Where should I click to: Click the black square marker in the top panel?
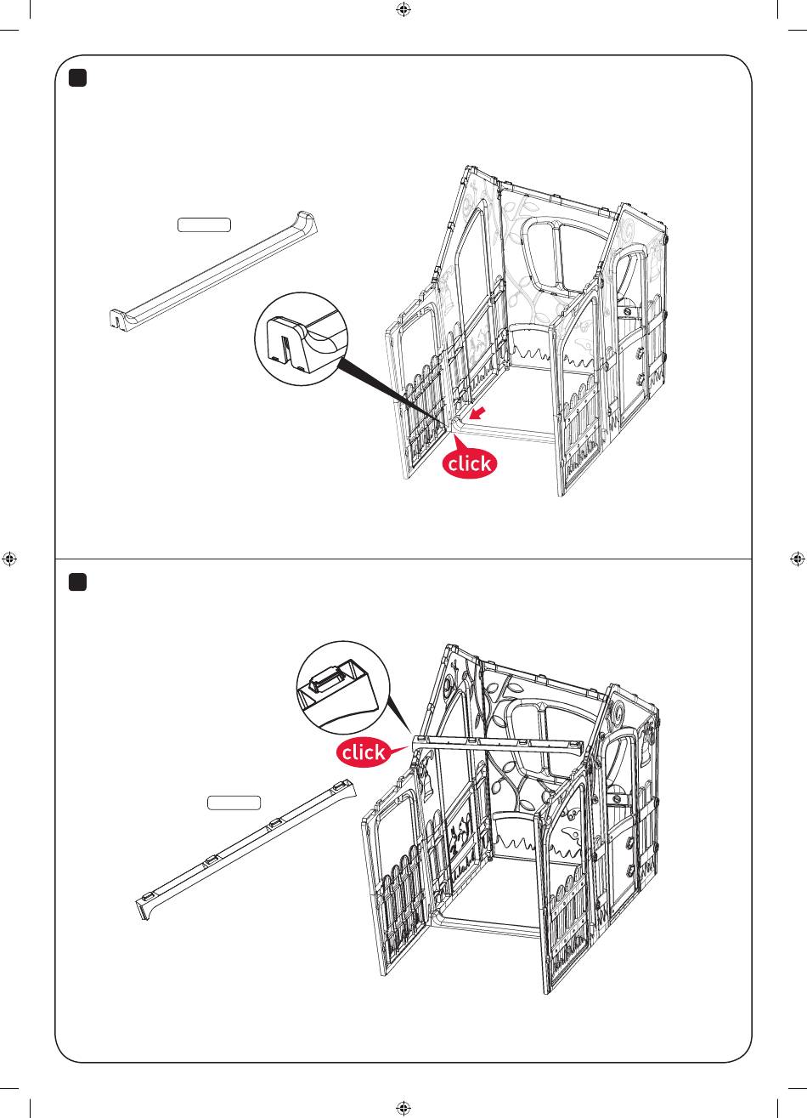coord(77,78)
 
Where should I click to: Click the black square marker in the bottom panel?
coord(77,582)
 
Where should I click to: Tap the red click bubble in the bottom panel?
coord(364,752)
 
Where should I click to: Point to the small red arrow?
coord(477,412)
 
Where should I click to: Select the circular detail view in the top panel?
coord(301,339)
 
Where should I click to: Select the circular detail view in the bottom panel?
coord(343,688)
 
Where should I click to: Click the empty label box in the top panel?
coord(204,225)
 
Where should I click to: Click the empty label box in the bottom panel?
coord(234,803)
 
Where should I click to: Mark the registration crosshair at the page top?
coord(403,10)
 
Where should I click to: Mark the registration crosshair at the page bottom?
coord(403,1108)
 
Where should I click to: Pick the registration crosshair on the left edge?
coord(9,559)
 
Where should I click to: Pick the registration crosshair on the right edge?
coord(798,559)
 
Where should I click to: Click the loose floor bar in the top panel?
coord(213,270)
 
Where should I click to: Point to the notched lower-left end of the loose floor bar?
coord(116,319)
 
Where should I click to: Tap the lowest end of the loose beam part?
coord(144,912)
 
